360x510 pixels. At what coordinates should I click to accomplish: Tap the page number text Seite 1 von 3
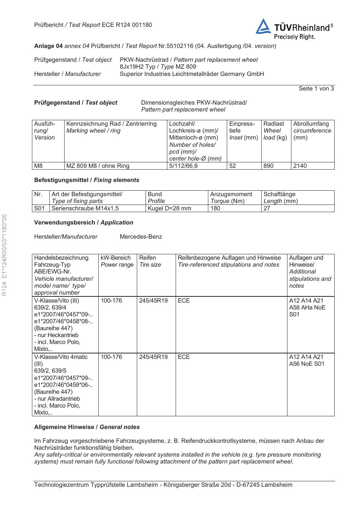[316, 89]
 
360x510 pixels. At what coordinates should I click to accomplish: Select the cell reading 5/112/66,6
[184, 166]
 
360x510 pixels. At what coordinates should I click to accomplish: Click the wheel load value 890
[269, 166]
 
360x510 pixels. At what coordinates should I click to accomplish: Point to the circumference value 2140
[300, 166]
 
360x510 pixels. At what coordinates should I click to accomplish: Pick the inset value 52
[233, 166]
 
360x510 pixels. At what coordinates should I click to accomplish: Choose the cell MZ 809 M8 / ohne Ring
[98, 166]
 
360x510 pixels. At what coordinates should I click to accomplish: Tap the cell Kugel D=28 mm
[169, 209]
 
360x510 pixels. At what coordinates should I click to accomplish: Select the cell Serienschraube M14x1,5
[85, 209]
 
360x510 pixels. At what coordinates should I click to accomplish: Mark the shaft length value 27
[267, 209]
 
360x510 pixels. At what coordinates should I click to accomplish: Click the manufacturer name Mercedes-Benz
[141, 237]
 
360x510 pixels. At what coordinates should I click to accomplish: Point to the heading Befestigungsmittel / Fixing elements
[87, 180]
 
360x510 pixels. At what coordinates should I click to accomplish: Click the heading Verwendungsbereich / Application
[83, 223]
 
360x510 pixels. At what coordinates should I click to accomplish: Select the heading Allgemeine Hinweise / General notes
[87, 427]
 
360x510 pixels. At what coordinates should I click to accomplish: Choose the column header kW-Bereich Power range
[117, 261]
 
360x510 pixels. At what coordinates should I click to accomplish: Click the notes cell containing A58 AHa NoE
[307, 307]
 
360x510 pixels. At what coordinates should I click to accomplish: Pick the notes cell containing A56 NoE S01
[307, 360]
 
